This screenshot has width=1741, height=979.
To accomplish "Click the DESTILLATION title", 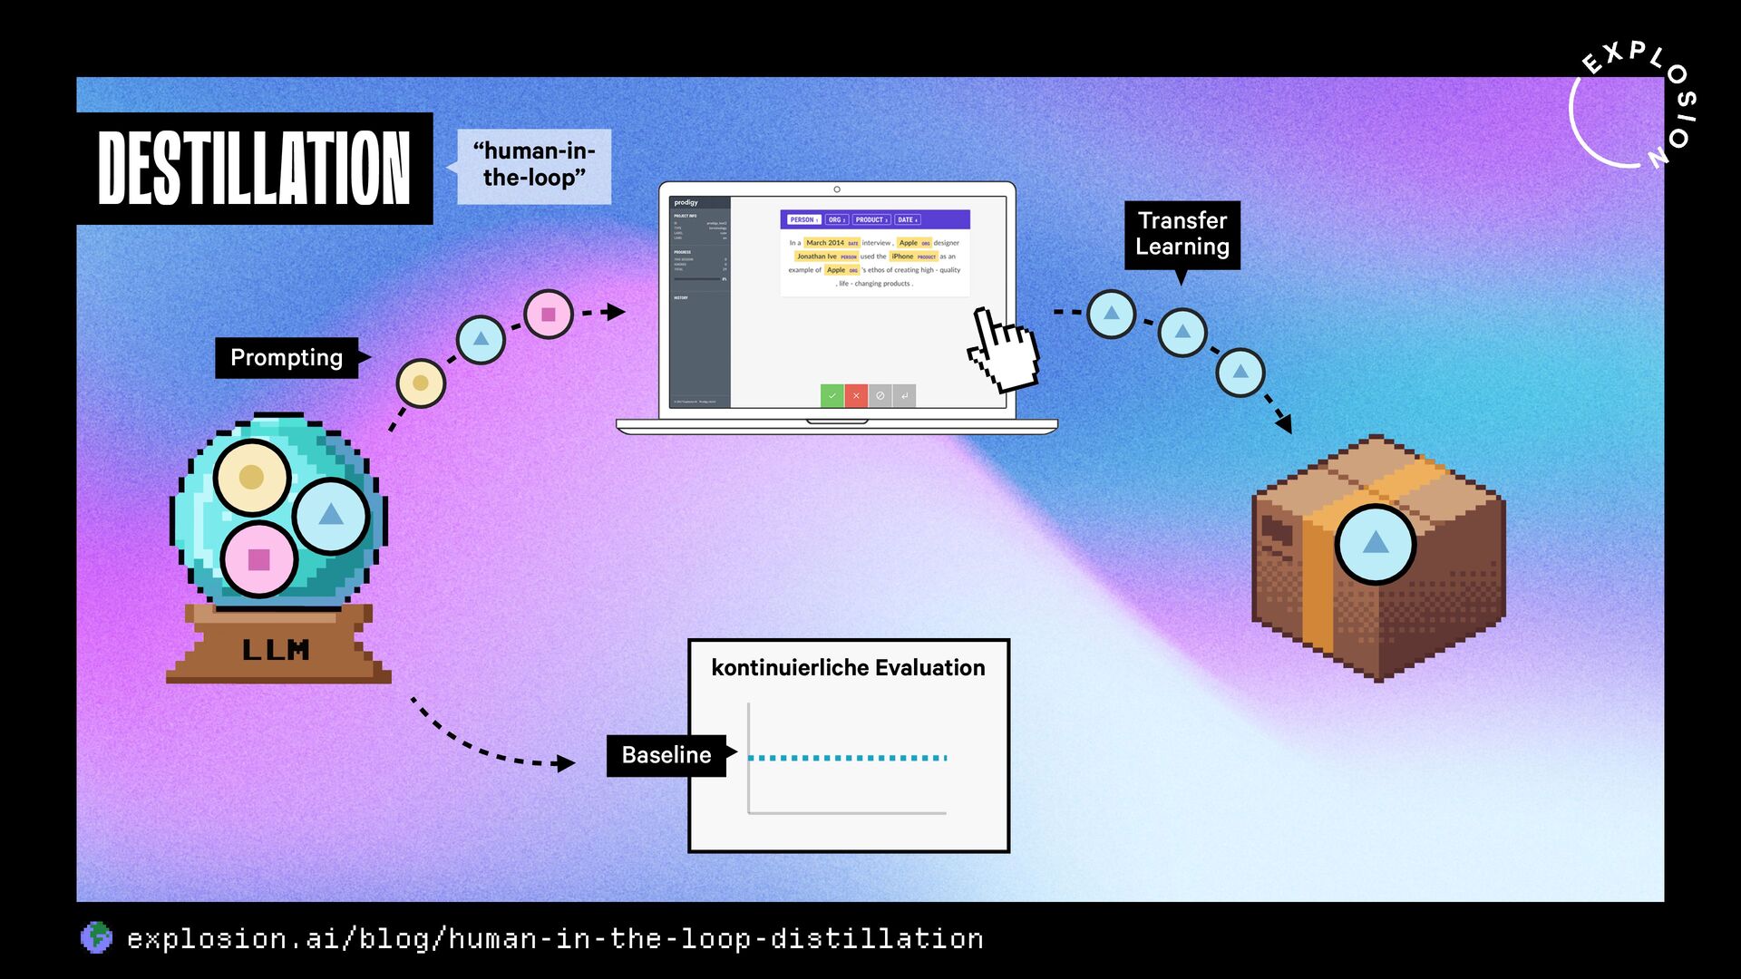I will (x=254, y=169).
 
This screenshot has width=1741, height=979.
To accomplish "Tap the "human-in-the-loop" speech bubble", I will (x=533, y=165).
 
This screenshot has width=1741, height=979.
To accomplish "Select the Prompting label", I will (x=287, y=357).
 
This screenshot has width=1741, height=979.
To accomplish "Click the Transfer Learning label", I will (x=1182, y=234).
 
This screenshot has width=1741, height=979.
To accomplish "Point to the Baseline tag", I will (x=666, y=755).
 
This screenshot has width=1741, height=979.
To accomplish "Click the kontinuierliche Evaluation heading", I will (x=848, y=668).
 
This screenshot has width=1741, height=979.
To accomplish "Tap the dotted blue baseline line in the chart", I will (x=847, y=758).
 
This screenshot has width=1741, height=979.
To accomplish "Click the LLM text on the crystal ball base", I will (x=276, y=650).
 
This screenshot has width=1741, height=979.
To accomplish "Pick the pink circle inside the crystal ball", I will (x=259, y=559).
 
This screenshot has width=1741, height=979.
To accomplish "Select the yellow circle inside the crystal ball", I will (x=252, y=477).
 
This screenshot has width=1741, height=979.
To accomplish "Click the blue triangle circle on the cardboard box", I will (x=1376, y=543).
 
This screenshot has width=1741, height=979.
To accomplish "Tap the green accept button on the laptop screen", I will (x=832, y=395).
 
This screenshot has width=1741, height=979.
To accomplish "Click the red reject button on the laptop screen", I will (x=856, y=395).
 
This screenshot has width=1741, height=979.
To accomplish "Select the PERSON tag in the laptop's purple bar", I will (x=803, y=219).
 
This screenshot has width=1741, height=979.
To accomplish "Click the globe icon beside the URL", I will (x=96, y=937).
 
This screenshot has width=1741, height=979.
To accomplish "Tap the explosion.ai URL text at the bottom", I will (x=555, y=938).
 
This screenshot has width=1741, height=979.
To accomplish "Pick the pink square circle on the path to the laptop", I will (x=549, y=315).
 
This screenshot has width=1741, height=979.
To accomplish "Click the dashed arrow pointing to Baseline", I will (x=490, y=743).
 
